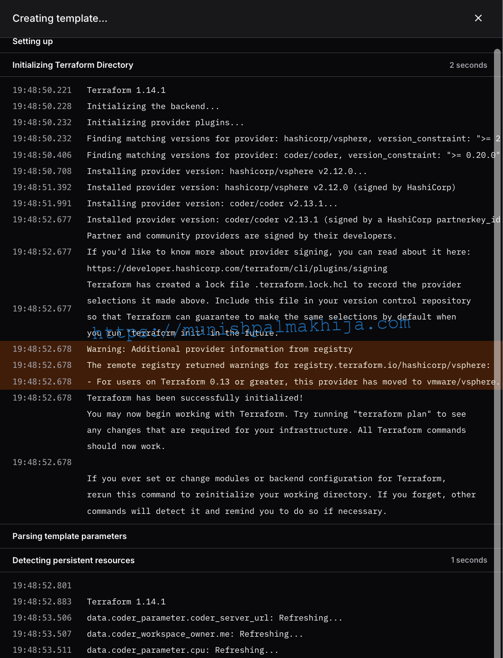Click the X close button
click(478, 18)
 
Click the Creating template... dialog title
click(60, 18)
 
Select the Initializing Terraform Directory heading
click(72, 65)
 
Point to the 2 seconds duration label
click(468, 65)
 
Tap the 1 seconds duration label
click(468, 560)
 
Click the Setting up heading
click(32, 41)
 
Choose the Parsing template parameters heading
click(69, 536)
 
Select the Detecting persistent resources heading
click(73, 560)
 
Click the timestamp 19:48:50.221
click(42, 90)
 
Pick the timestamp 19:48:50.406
click(42, 155)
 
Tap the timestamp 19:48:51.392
click(42, 187)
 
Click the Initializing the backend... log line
click(153, 106)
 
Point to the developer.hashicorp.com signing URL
click(237, 268)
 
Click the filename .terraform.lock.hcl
click(301, 284)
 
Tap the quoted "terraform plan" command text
click(392, 414)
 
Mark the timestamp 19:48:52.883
click(42, 602)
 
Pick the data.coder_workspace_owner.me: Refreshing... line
click(195, 634)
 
